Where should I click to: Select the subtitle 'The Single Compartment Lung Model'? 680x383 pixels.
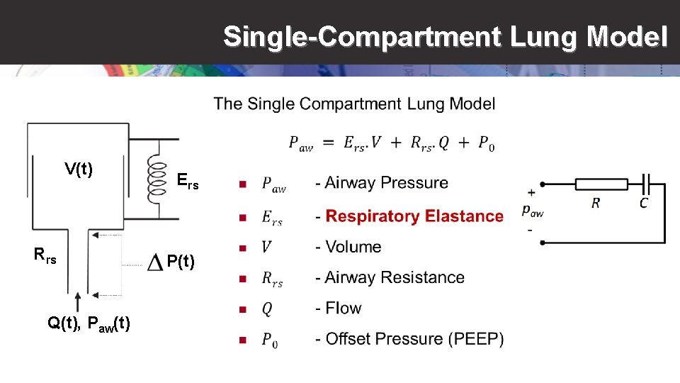pyautogui.click(x=354, y=104)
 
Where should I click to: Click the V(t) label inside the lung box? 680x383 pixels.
pyautogui.click(x=79, y=169)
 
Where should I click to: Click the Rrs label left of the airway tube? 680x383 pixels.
pyautogui.click(x=45, y=254)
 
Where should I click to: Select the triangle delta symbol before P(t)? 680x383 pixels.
pyautogui.click(x=155, y=263)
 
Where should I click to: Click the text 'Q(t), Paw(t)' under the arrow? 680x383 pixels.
pyautogui.click(x=89, y=323)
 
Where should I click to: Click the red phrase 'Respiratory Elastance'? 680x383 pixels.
pyautogui.click(x=414, y=216)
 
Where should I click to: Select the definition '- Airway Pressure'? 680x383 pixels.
pyautogui.click(x=387, y=183)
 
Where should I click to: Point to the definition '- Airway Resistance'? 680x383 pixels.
pyautogui.click(x=395, y=277)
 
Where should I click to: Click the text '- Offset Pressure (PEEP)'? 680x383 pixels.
pyautogui.click(x=414, y=339)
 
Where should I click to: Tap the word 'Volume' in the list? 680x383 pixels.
pyautogui.click(x=353, y=247)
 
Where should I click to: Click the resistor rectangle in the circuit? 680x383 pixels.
pyautogui.click(x=601, y=184)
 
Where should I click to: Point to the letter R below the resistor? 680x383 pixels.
pyautogui.click(x=596, y=204)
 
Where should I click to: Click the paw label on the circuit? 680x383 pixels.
pyautogui.click(x=532, y=209)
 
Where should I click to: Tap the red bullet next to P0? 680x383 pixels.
pyautogui.click(x=242, y=340)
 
